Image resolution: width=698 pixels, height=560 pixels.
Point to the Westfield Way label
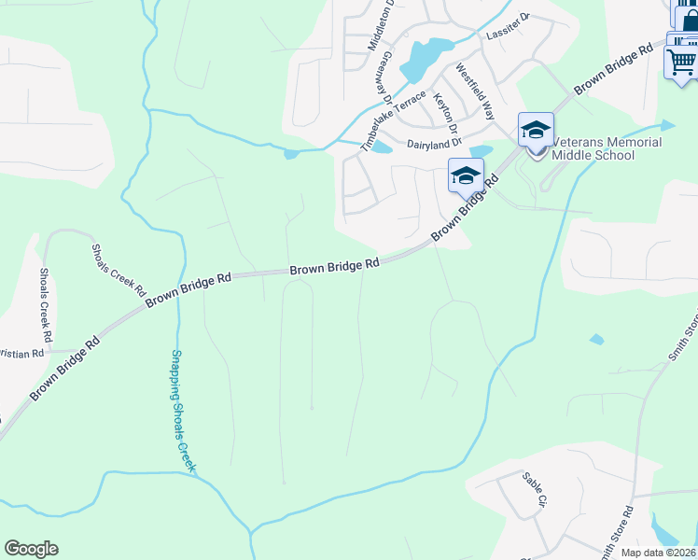(474, 92)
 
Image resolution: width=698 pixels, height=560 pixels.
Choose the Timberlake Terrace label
(394, 117)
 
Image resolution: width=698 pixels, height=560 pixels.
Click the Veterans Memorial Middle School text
(607, 148)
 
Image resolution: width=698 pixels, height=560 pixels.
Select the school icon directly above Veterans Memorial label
(536, 131)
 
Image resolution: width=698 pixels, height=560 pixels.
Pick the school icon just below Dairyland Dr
(465, 175)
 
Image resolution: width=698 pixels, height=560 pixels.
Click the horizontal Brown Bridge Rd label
(334, 267)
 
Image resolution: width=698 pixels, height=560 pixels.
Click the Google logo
(31, 549)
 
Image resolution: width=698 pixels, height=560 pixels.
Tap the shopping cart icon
(681, 63)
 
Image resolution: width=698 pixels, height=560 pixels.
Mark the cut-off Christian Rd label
(21, 354)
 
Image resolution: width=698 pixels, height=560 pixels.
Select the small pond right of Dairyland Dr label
(481, 151)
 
